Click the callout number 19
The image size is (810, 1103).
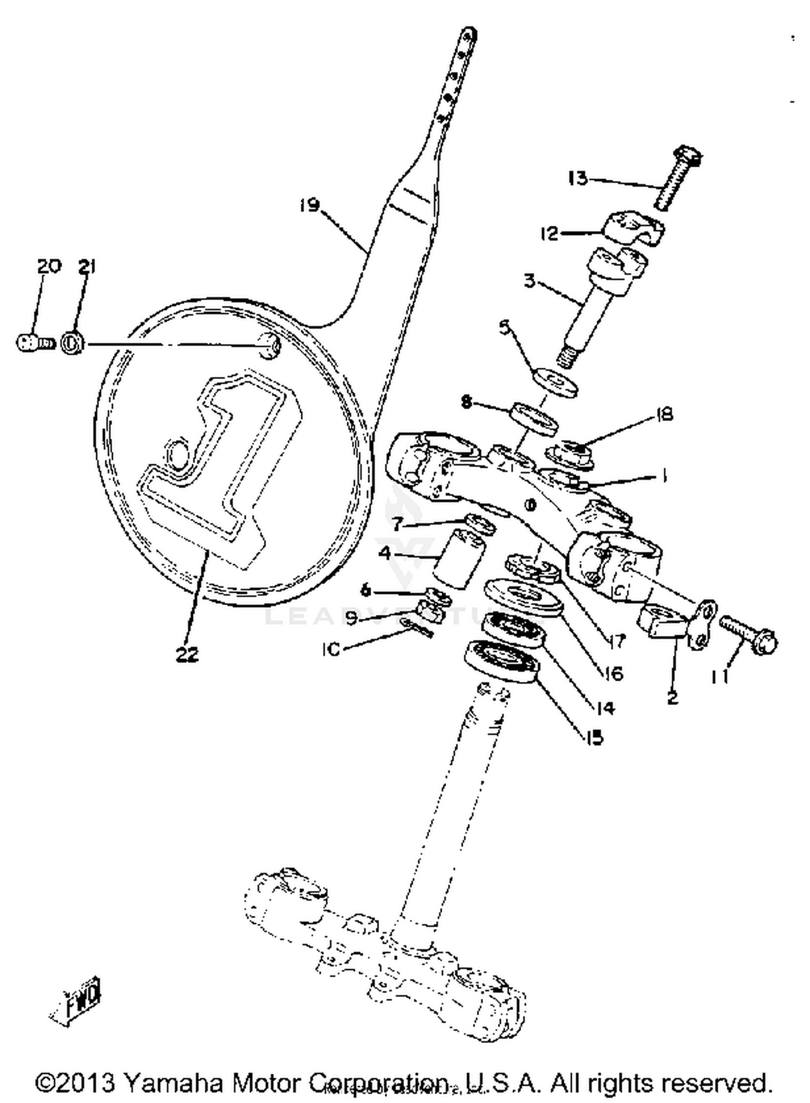pos(310,205)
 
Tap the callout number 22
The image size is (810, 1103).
pos(187,654)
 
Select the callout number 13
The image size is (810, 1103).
pos(577,178)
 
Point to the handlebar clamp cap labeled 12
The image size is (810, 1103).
pos(632,229)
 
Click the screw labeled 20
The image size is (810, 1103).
pos(33,343)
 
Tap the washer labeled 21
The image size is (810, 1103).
pos(72,343)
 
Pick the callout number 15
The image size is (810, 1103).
pos(593,737)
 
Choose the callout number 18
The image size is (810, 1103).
pos(664,414)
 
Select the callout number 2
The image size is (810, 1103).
pos(672,698)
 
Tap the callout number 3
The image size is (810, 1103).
pos(530,281)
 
